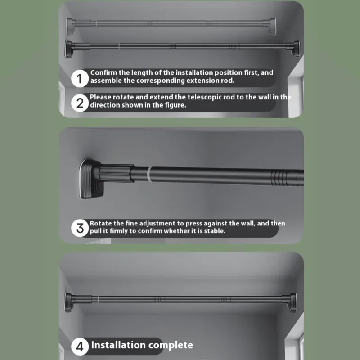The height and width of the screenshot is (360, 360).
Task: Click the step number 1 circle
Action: click(80, 78)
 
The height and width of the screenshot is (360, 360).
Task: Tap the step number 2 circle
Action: click(80, 103)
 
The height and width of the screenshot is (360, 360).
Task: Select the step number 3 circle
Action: click(80, 228)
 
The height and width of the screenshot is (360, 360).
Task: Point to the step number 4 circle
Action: click(80, 346)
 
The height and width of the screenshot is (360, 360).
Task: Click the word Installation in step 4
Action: click(118, 345)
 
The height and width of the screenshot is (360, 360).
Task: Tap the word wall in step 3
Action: click(249, 223)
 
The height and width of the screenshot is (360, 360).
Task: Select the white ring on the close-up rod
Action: click(148, 175)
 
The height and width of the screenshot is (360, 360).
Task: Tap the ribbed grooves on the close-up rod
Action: click(279, 178)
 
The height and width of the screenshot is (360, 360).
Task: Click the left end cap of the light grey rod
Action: click(70, 26)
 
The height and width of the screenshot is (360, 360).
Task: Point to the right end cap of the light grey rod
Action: click(273, 26)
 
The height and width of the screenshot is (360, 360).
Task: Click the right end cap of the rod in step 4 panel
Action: click(293, 302)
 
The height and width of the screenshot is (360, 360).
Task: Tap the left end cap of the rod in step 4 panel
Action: click(69, 302)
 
